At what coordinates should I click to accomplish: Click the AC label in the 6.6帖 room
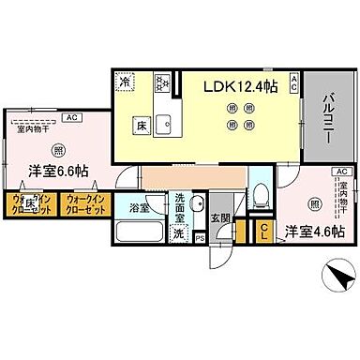click(x=72, y=118)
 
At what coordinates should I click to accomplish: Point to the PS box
click(x=200, y=238)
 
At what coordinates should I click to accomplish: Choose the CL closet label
click(x=264, y=230)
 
